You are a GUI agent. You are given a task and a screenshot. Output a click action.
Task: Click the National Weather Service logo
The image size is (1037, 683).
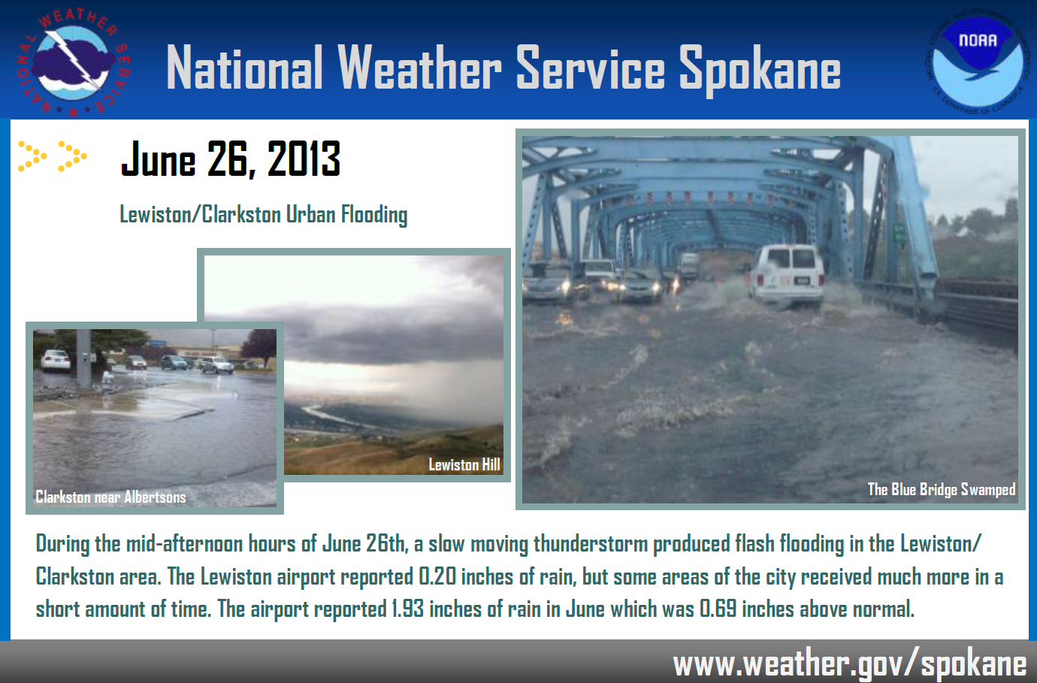point(73,63)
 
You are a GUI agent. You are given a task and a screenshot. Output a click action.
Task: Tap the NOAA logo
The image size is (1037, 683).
point(978,61)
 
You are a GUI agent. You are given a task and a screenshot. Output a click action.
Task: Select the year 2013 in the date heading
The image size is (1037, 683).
point(304,159)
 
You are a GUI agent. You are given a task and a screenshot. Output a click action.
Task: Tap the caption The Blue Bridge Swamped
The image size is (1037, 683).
point(941,490)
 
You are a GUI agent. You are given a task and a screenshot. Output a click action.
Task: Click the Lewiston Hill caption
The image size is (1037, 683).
point(464,464)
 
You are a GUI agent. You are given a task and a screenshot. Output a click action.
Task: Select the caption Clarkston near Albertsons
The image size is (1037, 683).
point(110,497)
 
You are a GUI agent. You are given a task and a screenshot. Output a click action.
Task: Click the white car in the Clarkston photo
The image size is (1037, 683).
point(55,361)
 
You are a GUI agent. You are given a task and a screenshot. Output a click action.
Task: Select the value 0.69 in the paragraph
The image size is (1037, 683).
point(718,609)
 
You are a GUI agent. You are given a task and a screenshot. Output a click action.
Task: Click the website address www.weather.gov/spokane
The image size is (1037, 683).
point(849,664)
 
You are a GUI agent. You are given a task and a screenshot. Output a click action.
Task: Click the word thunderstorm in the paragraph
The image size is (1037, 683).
point(590,544)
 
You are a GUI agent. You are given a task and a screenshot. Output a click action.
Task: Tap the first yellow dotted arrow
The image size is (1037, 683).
point(32,156)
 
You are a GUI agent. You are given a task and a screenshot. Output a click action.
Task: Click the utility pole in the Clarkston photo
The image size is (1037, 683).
point(84,359)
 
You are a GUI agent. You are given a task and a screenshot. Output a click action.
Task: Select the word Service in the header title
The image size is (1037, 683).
point(590,68)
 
